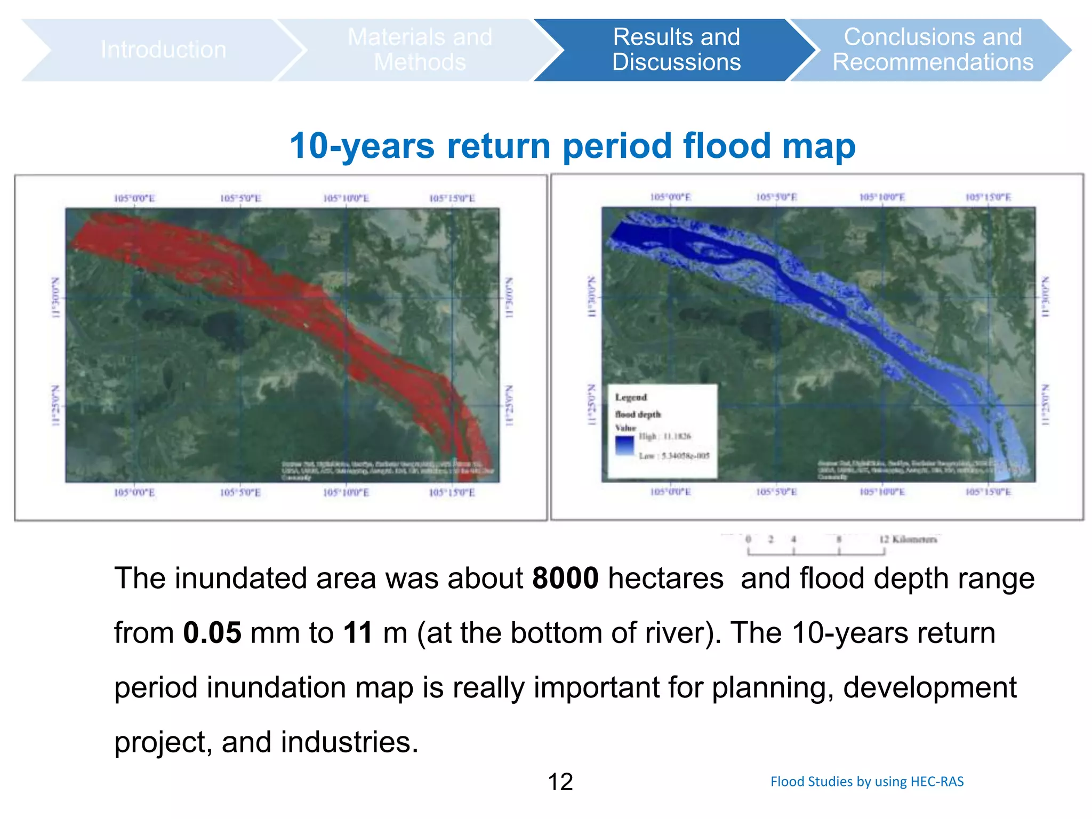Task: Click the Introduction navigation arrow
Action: tap(163, 50)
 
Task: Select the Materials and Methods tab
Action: tap(420, 50)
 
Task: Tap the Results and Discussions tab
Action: tap(676, 50)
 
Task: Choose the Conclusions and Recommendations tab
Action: tap(933, 50)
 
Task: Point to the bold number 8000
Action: tap(565, 579)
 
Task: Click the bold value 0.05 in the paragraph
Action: tap(212, 633)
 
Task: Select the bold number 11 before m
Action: tap(358, 633)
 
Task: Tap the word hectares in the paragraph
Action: tap(665, 579)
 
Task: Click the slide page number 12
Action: tap(560, 782)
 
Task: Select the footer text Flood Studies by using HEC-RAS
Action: tap(867, 782)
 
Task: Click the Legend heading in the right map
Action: tap(631, 397)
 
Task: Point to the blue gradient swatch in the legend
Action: tap(624, 445)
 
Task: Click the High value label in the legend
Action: tap(665, 436)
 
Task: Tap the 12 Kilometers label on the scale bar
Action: tap(908, 539)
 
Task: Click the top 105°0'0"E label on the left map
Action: tap(134, 198)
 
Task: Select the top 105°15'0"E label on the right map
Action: tap(988, 197)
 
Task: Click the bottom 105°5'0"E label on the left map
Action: tap(240, 493)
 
